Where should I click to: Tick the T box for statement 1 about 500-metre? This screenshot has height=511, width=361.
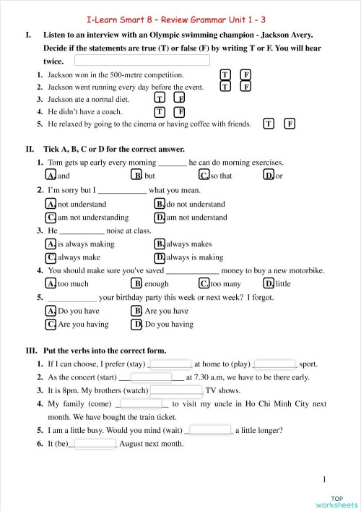click(225, 74)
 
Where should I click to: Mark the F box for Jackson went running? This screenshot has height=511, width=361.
click(245, 87)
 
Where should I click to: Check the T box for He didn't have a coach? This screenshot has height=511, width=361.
click(160, 112)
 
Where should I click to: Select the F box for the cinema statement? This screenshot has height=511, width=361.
click(290, 124)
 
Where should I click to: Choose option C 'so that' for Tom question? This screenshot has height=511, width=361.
click(204, 176)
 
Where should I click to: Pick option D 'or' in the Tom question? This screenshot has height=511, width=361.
click(269, 176)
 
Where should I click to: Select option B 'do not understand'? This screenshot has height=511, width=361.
click(160, 205)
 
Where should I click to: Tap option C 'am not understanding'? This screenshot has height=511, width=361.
click(51, 217)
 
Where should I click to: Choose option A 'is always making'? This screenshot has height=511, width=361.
click(51, 244)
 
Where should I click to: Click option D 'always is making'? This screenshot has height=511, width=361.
click(160, 257)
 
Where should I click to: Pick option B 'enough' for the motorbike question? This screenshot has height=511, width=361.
click(137, 284)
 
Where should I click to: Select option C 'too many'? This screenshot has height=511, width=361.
click(204, 284)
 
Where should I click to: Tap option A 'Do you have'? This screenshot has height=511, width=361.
click(51, 311)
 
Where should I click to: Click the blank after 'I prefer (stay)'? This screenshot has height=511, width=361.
click(170, 364)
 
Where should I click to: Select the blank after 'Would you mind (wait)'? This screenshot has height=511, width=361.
click(210, 430)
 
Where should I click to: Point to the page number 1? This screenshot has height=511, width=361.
click(325, 478)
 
